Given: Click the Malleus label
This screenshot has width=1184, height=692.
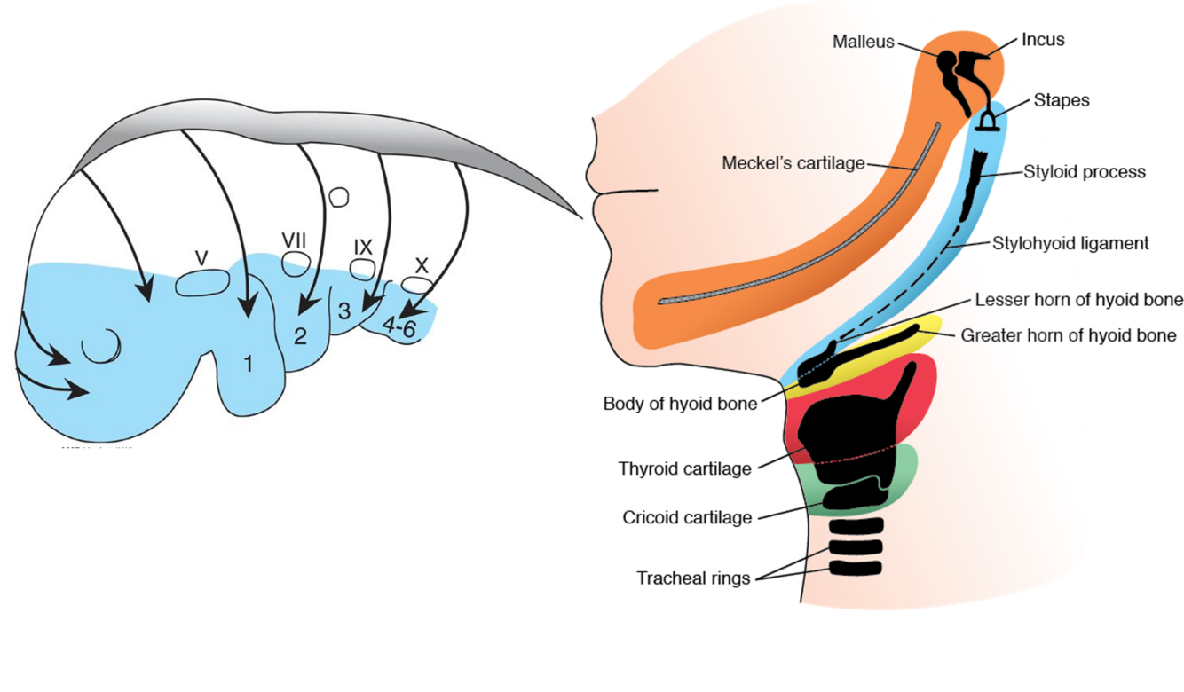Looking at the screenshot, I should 864,42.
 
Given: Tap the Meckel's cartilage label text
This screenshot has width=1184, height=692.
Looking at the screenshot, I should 793,163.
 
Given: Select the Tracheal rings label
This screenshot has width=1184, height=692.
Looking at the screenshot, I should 693,578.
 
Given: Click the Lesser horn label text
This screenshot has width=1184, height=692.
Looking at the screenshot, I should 1030,300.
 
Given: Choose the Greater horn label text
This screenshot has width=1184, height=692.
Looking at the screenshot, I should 1021,335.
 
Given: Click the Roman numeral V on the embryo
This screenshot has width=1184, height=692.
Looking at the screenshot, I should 201,258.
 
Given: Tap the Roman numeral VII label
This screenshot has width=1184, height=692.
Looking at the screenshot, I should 295,240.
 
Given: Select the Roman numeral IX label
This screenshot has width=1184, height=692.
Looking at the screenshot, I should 362,246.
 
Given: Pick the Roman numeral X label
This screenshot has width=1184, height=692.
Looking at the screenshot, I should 422,264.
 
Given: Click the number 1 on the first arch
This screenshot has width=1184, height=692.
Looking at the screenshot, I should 249,364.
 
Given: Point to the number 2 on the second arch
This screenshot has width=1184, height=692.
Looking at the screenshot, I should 300,336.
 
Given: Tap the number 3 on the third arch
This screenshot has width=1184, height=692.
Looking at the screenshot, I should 344,311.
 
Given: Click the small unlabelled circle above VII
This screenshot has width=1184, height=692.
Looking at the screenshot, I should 337,197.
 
